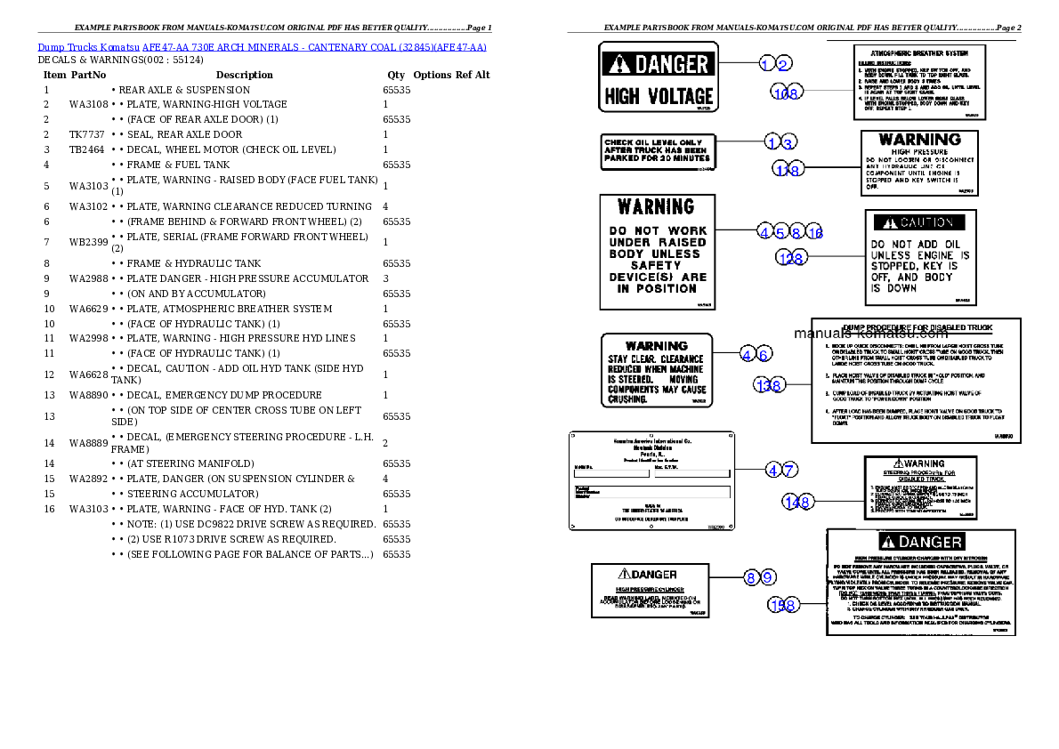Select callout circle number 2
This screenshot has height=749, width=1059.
point(783,63)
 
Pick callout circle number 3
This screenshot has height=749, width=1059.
point(788,142)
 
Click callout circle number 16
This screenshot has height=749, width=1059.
point(815,232)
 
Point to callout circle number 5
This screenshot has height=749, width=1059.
point(780,232)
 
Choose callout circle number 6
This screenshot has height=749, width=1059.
point(764,355)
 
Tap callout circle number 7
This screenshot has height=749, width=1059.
point(788,470)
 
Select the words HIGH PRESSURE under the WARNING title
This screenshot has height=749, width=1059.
point(919,152)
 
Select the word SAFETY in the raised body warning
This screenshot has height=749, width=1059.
point(656,265)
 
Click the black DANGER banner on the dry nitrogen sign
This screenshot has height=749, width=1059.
point(920,542)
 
